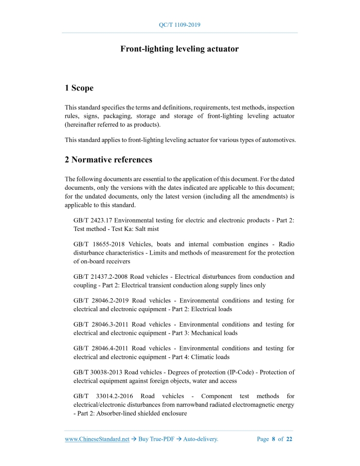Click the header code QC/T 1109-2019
coord(179,25)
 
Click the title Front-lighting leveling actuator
coord(179,49)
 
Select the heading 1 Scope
coord(79,88)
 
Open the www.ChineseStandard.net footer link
coord(97,439)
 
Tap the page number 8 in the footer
coord(274,439)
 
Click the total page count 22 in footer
coord(289,439)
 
